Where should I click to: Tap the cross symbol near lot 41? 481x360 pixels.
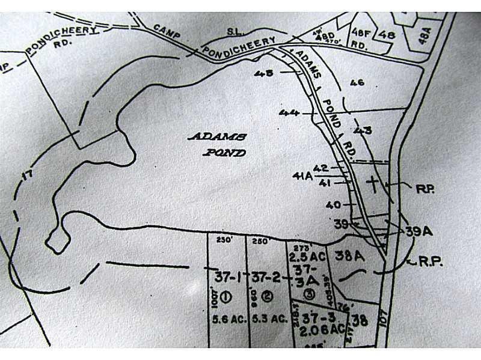373,184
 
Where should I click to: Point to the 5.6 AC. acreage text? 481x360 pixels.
230,320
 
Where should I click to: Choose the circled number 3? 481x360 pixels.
308,294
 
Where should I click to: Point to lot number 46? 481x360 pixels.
357,82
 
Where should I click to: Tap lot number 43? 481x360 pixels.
363,130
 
